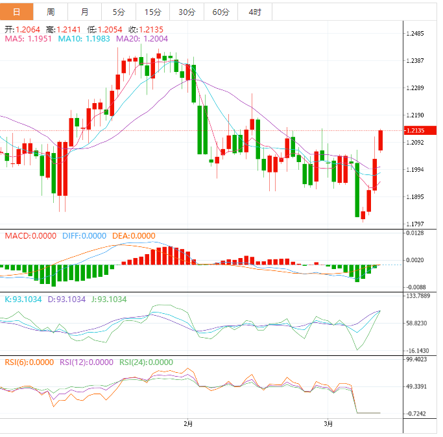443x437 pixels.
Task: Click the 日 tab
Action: pyautogui.click(x=16, y=12)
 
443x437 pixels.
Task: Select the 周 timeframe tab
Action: pyautogui.click(x=51, y=12)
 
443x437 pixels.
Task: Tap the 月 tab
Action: pyautogui.click(x=85, y=12)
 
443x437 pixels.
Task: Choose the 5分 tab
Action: pyautogui.click(x=119, y=12)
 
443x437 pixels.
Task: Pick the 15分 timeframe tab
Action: pyautogui.click(x=152, y=12)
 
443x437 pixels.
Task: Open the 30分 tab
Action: pyautogui.click(x=186, y=12)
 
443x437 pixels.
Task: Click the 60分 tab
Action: pyautogui.click(x=221, y=12)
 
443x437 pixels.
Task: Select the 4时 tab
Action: pyautogui.click(x=254, y=12)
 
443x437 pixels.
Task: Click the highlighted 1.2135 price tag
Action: pyautogui.click(x=416, y=130)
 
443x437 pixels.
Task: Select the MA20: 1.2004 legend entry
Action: pyautogui.click(x=142, y=39)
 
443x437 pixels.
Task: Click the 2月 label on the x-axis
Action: pyautogui.click(x=188, y=424)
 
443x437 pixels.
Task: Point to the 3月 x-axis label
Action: pyautogui.click(x=329, y=424)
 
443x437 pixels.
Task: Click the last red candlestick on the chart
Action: pyautogui.click(x=381, y=140)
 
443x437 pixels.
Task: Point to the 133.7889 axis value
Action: pyautogui.click(x=418, y=296)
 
